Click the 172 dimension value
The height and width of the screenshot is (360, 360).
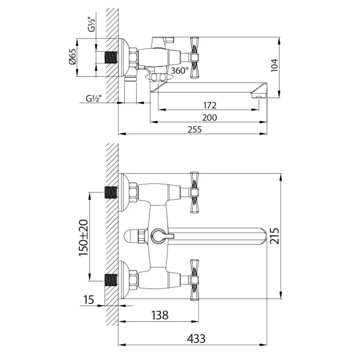click(210, 105)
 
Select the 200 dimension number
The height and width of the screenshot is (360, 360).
click(209, 117)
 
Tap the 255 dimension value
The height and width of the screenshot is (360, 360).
click(195, 130)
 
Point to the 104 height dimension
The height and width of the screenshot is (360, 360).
click(274, 65)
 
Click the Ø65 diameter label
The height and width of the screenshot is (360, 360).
click(72, 56)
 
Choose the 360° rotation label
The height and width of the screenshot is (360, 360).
click(180, 70)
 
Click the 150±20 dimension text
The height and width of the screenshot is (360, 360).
click(83, 238)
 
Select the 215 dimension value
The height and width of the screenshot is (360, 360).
click(274, 236)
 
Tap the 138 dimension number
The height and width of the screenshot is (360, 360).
click(160, 315)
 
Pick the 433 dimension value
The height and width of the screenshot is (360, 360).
click(196, 338)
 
